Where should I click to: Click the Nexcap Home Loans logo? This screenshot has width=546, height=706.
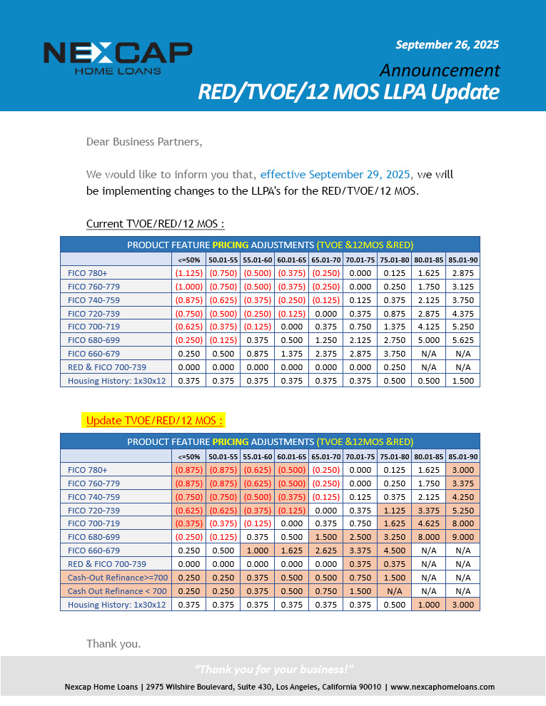pos(118,57)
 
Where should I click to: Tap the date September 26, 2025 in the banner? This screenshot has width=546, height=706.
pos(447,44)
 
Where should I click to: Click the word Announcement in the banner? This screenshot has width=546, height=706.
pos(440,70)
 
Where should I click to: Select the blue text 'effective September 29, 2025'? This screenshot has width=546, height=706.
pos(335,174)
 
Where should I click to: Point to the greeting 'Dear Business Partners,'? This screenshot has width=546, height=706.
pos(144,141)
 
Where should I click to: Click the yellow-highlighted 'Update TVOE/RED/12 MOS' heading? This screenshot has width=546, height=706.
pos(154,420)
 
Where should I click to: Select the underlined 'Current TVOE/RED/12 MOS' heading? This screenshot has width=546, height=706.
pos(155,224)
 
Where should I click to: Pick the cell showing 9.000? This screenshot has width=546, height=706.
pos(462,537)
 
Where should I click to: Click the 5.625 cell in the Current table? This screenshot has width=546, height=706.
pos(462,340)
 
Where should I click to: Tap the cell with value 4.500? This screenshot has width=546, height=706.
pos(394,551)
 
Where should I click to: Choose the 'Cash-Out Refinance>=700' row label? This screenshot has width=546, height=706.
pos(117,578)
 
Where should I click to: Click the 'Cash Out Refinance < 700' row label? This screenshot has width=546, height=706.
pos(117,591)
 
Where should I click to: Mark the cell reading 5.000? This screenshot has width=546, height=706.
pos(428,340)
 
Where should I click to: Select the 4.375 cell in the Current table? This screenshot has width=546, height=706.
pos(462,313)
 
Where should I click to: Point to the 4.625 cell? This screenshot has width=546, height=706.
pos(428,523)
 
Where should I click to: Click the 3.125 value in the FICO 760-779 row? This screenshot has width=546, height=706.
pos(462,286)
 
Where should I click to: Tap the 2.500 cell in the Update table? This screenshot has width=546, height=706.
pos(360,537)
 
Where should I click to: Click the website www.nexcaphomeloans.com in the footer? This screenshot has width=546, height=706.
pos(443,687)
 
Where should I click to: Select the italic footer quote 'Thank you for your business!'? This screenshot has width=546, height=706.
pos(274,669)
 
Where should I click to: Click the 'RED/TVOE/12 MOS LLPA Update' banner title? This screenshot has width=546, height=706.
pos(348,93)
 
